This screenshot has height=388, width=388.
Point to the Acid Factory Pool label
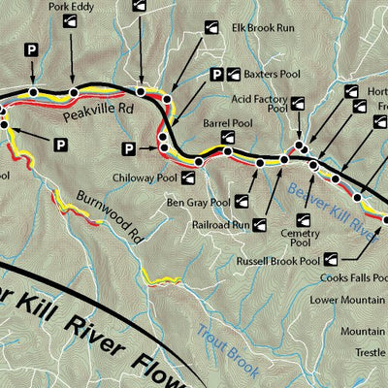click(262, 104)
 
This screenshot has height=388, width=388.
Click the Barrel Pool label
click(229, 124)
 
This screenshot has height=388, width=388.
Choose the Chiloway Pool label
click(147, 179)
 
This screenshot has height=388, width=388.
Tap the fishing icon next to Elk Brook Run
click(211, 30)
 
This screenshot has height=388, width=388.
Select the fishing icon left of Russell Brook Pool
click(332, 258)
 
